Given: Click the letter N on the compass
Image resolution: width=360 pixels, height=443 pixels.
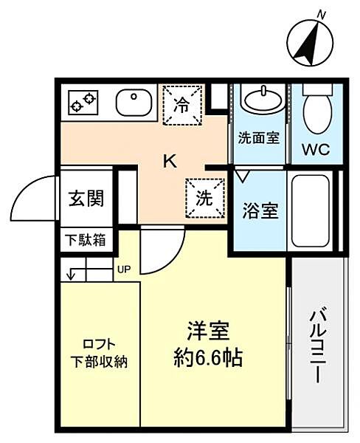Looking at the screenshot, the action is point(321,15).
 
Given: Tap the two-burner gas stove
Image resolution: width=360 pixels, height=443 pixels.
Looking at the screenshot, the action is point(83,103).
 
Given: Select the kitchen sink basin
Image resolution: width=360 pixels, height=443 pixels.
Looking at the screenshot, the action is point(134,103).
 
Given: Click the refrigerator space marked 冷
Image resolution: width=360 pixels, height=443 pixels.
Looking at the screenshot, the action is point(183,104).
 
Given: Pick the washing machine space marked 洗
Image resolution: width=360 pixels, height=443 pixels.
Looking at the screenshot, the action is point(205,198).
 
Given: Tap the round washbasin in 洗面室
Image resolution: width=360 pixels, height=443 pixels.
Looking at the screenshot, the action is point(263,100).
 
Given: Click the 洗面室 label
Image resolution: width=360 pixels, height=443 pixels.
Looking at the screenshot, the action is point(259,138).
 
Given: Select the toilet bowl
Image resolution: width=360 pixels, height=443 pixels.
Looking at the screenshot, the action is point(317,109).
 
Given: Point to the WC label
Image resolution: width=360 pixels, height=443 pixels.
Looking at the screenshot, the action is point(316,149).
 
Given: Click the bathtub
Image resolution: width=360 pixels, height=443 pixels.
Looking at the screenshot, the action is point(311,210).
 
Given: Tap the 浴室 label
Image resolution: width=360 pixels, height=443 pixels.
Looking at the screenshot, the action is point(260,211).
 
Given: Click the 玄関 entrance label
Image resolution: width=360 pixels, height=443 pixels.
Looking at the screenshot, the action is point(87,198).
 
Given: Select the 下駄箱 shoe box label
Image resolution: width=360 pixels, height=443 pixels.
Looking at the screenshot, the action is point(86,239).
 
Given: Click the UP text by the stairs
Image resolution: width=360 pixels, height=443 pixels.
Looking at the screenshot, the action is point(124,269).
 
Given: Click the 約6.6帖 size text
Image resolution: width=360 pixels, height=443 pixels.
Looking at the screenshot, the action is point(208,358).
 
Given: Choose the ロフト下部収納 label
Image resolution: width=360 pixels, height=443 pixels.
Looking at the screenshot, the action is point(99,353).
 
